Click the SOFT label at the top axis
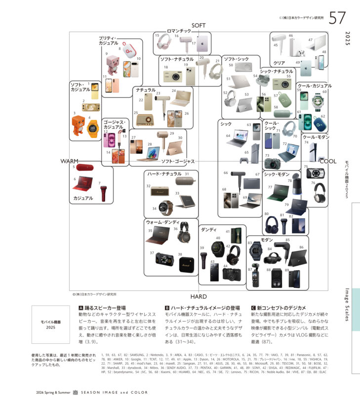pyautogui.click(x=199, y=25)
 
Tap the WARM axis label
pyautogui.click(x=70, y=162)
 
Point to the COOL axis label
pyautogui.click(x=328, y=161)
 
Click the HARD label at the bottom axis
pyautogui.click(x=199, y=296)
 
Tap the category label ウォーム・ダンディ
pyautogui.click(x=162, y=222)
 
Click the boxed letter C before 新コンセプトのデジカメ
pyautogui.click(x=253, y=307)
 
